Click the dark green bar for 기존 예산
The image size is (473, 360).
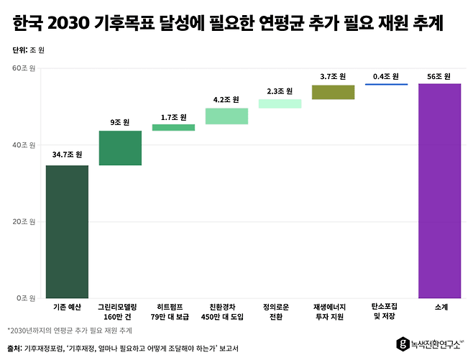[x=67, y=231]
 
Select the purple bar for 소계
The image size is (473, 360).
[x=439, y=190]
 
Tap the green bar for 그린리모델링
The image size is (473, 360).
[x=120, y=148]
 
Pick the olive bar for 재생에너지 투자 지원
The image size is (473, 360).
[x=333, y=92]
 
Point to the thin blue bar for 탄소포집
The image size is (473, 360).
[x=386, y=84]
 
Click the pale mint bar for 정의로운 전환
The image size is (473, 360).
[x=280, y=103]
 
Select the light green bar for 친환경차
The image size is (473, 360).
[x=226, y=116]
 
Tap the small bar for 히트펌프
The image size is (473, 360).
[x=173, y=128]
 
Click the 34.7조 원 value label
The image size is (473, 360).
[x=67, y=154]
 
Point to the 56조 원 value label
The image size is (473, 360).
[x=439, y=76]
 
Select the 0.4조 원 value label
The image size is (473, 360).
[x=386, y=76]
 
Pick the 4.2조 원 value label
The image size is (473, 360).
[x=226, y=99]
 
